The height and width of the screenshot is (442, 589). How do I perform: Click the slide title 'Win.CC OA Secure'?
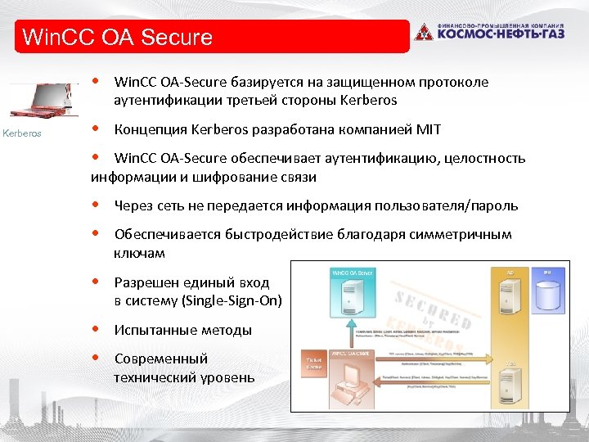tap(119, 37)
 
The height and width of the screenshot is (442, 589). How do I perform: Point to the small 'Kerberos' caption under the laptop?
tap(22, 133)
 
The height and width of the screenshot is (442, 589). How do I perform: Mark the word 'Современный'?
tap(161, 359)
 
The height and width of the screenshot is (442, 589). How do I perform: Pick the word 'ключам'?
tap(139, 254)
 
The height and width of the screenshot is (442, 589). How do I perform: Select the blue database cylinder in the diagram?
tap(547, 297)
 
